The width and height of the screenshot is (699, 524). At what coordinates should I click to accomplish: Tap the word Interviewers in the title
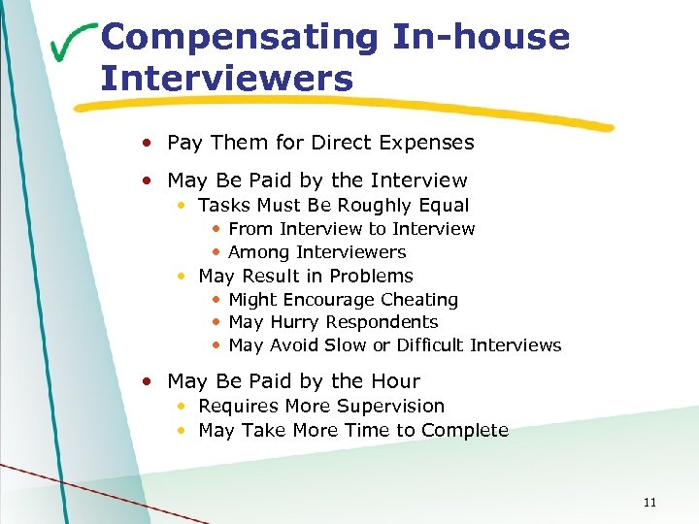pyautogui.click(x=227, y=78)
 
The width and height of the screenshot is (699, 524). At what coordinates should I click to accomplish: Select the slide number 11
pyautogui.click(x=649, y=502)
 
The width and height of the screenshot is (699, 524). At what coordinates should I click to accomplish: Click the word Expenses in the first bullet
pyautogui.click(x=428, y=143)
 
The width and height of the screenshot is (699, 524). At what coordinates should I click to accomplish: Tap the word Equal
pyautogui.click(x=445, y=206)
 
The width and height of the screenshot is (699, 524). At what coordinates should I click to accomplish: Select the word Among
pyautogui.click(x=258, y=252)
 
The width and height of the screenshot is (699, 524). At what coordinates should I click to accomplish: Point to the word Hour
pyautogui.click(x=395, y=381)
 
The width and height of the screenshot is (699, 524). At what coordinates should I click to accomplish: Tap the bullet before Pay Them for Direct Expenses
pyautogui.click(x=146, y=143)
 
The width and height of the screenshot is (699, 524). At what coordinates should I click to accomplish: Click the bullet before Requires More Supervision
pyautogui.click(x=183, y=407)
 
